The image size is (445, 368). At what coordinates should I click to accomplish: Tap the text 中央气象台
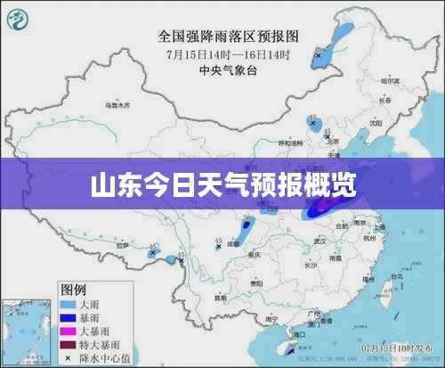pos(223,68)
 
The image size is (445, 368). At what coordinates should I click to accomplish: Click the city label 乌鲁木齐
pos(117,105)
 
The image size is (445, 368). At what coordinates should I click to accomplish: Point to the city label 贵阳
pos(257,282)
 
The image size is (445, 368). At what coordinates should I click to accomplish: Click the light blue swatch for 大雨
pos(72,303)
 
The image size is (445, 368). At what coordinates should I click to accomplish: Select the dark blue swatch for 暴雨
pos(72,316)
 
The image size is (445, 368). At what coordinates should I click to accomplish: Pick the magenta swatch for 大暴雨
pos(72,330)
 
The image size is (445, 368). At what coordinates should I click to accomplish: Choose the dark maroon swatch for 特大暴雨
pos(72,343)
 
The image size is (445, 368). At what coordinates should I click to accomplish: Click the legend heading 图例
pos(73,289)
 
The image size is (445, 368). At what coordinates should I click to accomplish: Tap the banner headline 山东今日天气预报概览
pos(222,185)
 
